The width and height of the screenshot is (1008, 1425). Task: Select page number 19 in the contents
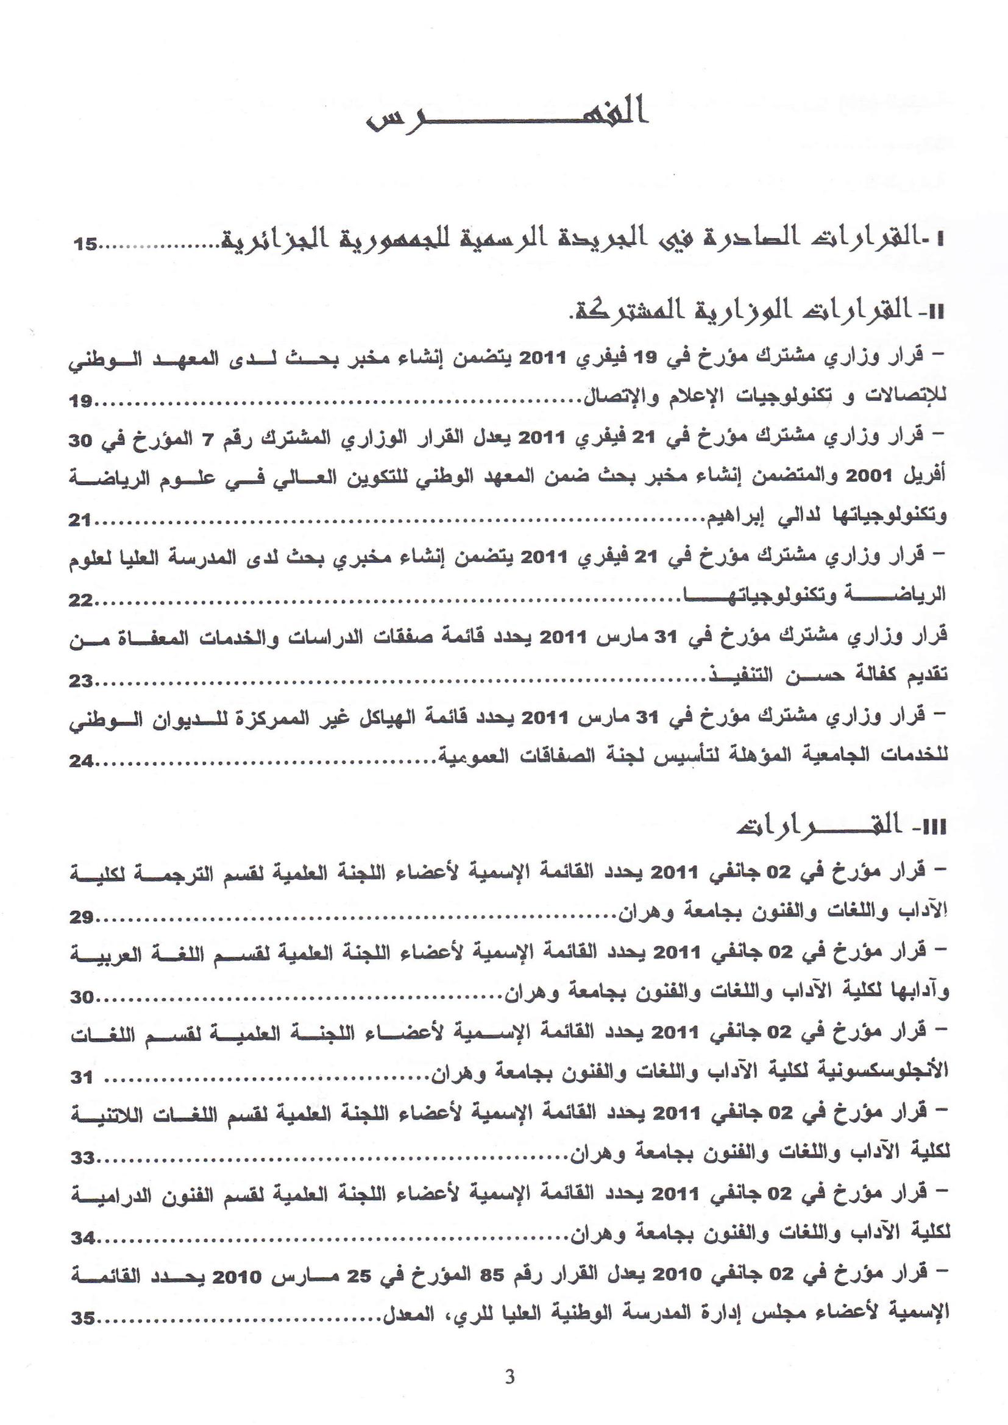[x=81, y=401]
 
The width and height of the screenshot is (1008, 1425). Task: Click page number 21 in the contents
[x=80, y=520]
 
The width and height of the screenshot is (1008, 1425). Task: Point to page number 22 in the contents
[x=80, y=600]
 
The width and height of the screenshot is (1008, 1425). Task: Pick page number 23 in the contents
[x=81, y=681]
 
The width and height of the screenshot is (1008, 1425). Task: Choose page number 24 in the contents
[x=81, y=761]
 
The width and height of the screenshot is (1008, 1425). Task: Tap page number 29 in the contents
[x=81, y=917]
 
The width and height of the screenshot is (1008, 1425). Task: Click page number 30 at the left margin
[x=81, y=997]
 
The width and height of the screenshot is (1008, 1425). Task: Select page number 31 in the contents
[x=81, y=1078]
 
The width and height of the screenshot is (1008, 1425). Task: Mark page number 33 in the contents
[x=81, y=1158]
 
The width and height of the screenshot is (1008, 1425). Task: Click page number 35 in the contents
[x=82, y=1319]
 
